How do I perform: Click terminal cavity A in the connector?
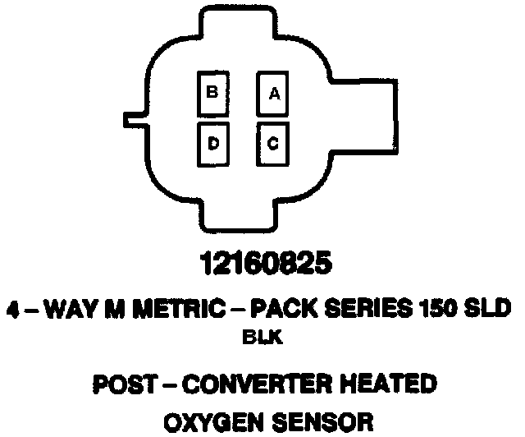pos(273,95)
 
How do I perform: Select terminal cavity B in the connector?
pos(212,94)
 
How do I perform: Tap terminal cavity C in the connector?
pos(273,143)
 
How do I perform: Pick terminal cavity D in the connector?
pos(212,143)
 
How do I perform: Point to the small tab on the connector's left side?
pos(134,116)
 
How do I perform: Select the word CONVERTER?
pos(261,383)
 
